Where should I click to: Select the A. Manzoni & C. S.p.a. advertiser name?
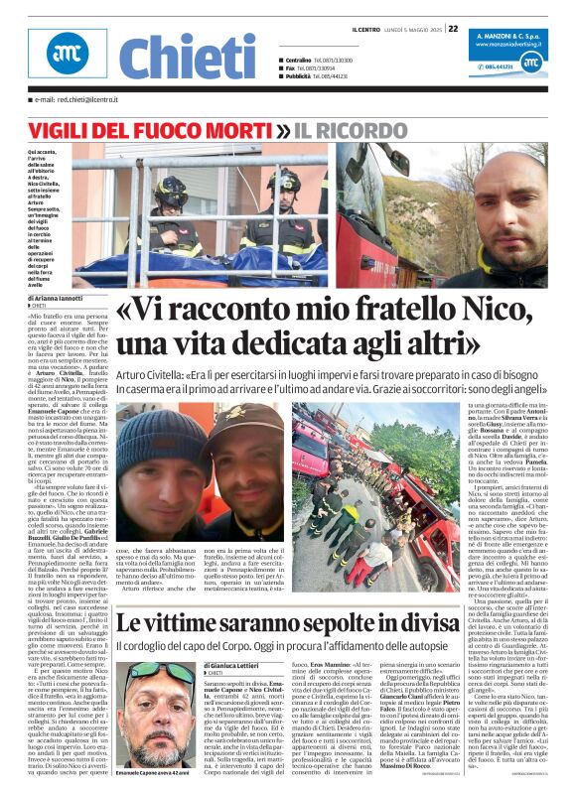(506, 35)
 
